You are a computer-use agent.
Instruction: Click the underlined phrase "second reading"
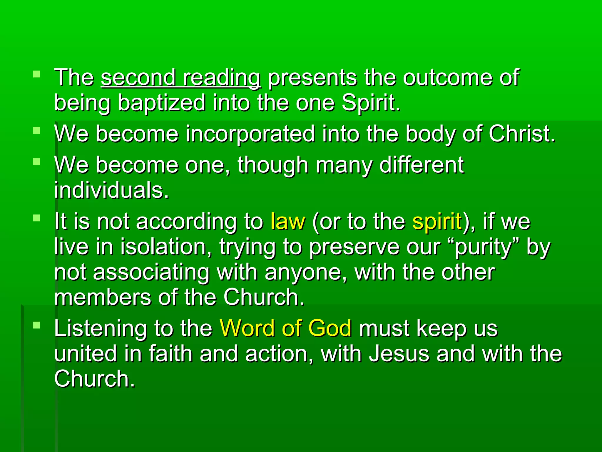[x=180, y=78]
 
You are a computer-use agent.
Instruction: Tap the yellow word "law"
[x=288, y=221]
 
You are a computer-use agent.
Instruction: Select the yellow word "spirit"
[x=437, y=221]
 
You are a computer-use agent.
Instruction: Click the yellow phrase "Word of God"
[x=285, y=328]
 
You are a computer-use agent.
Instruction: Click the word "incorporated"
[x=250, y=134]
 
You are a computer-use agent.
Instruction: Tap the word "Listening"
[x=100, y=328]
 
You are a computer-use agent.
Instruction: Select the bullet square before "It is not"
[x=36, y=218]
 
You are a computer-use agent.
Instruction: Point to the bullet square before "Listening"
[x=36, y=325]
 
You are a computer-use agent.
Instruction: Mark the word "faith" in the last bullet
[x=170, y=353]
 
